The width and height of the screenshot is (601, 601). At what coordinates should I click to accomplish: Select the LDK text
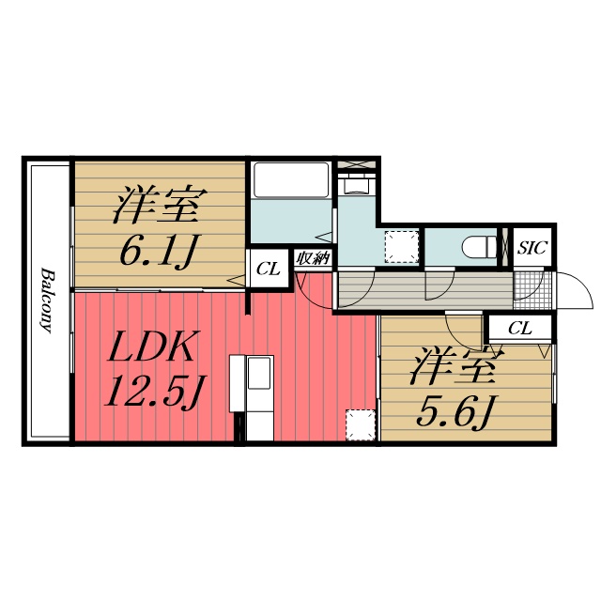point(152,347)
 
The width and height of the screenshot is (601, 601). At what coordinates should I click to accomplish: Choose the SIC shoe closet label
point(532,248)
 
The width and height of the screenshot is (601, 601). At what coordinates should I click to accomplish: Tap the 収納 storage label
point(313,259)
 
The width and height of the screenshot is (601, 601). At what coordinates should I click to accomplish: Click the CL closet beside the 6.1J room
point(269,269)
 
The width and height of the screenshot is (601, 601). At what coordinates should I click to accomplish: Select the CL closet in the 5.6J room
point(520,328)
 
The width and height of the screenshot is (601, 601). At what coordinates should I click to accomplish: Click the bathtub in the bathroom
point(291,179)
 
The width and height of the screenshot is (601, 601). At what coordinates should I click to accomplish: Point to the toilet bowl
point(479,247)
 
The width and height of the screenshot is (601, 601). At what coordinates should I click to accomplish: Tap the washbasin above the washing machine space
point(357,184)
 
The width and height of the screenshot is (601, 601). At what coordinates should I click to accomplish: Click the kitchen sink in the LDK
point(260,374)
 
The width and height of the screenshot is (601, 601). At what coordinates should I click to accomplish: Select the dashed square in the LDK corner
point(361,425)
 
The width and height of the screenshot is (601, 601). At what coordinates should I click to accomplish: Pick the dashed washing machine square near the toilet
point(402,247)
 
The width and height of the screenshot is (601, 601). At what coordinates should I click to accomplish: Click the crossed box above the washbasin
point(357,164)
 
